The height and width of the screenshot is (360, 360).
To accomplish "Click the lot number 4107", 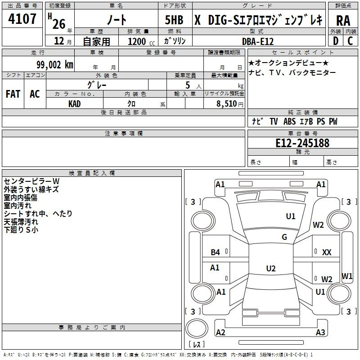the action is click(x=22, y=19).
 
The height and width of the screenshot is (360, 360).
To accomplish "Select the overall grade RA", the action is click(x=343, y=21).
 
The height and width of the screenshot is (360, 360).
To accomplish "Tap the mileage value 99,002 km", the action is click(x=54, y=65).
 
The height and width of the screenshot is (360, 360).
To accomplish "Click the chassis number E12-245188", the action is click(x=302, y=143).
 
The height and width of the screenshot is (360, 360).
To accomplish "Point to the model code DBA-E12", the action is click(x=258, y=41).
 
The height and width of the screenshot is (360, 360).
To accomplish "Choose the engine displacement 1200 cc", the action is click(x=141, y=41).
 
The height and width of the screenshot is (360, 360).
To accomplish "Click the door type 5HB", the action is click(x=174, y=20).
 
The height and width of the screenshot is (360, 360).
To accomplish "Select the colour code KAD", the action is click(x=74, y=104).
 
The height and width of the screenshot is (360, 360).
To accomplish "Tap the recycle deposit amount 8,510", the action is click(x=226, y=103).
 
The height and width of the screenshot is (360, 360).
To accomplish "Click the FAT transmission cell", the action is click(x=13, y=94).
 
